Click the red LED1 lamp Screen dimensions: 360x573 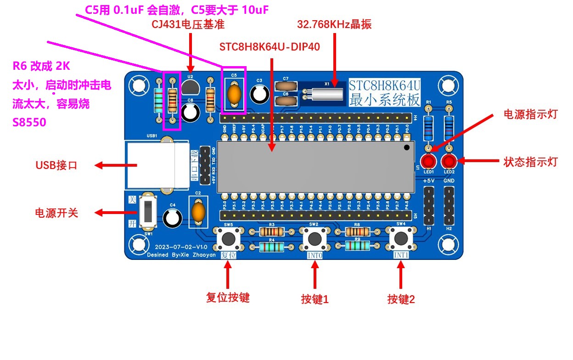pyautogui.click(x=429, y=162)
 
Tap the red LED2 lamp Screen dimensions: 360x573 pyautogui.click(x=449, y=162)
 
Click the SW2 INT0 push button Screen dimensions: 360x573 pyautogui.click(x=314, y=239)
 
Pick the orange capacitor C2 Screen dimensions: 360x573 pyautogui.click(x=198, y=212)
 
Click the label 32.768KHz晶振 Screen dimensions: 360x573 pyautogui.click(x=334, y=25)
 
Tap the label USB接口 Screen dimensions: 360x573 pyautogui.click(x=56, y=166)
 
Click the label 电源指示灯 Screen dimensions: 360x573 pyautogui.click(x=530, y=114)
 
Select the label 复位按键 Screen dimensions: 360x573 pyautogui.click(x=228, y=298)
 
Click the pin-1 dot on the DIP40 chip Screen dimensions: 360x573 pyautogui.click(x=407, y=148)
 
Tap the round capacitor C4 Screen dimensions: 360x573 pyautogui.click(x=172, y=218)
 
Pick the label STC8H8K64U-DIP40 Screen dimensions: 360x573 pyautogui.click(x=270, y=47)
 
